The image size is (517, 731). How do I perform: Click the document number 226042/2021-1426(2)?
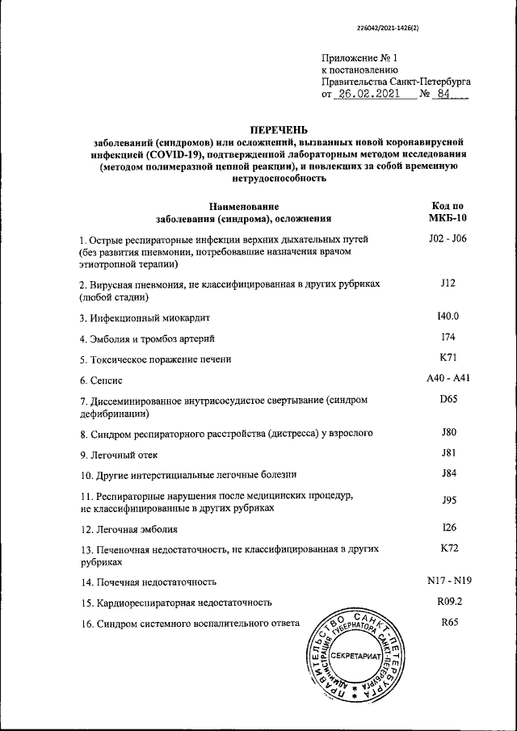coord(394,28)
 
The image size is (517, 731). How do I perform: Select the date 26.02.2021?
coord(367,95)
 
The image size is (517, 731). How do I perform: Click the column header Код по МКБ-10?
coord(448,212)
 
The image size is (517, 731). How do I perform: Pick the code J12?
coord(448,284)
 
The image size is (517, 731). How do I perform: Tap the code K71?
coord(448,357)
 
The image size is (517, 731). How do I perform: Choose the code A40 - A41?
coord(448,378)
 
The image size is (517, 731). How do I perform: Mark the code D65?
coord(448,399)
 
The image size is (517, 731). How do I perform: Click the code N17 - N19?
coord(448,580)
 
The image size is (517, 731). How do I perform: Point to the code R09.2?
coord(448,602)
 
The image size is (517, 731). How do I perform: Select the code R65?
coord(448,622)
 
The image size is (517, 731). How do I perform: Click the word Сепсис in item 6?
coord(107,380)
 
